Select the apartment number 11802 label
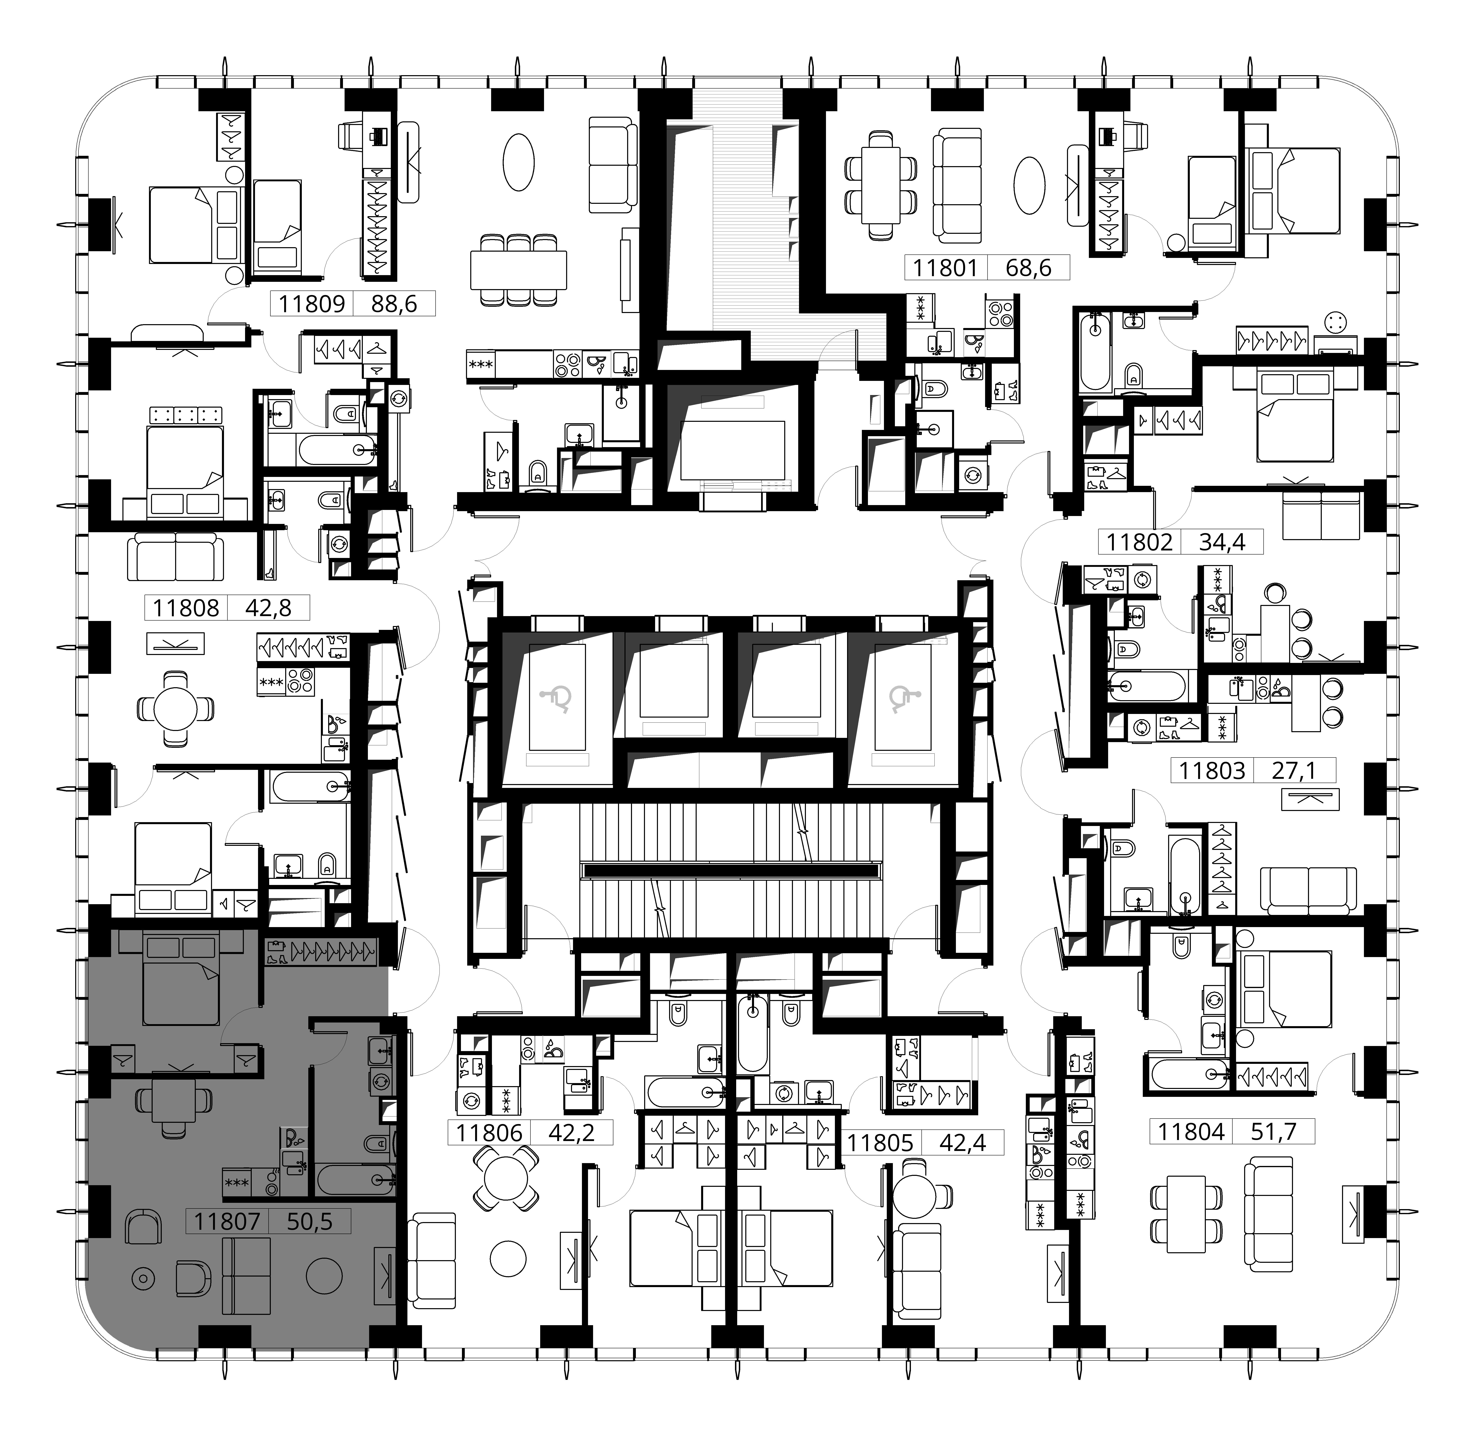1139,542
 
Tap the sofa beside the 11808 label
176,557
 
